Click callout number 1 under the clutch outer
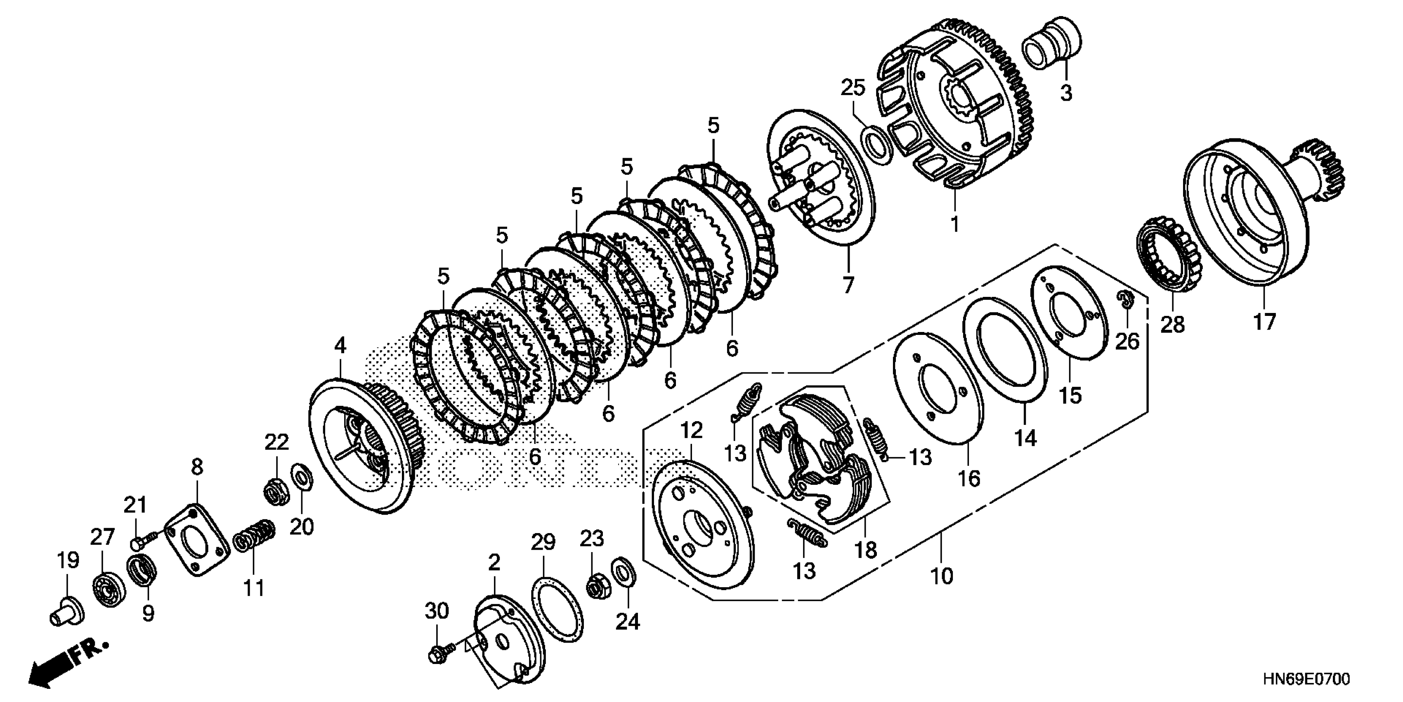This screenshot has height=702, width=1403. pos(954,223)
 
